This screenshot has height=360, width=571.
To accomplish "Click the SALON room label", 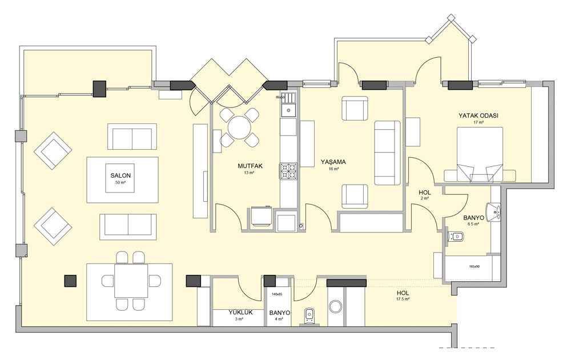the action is point(120,175).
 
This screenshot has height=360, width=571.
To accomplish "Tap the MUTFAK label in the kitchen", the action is point(250,166).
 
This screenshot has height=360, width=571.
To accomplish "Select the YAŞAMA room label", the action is point(333,162).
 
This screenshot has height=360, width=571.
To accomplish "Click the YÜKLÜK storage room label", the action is point(240,312).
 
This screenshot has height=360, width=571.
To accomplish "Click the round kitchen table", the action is point(240,127).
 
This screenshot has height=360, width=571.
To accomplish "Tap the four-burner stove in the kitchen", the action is point(288,171).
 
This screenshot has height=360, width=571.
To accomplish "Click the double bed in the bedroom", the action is point(480,154).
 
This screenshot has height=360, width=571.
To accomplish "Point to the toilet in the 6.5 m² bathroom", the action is point(456,237).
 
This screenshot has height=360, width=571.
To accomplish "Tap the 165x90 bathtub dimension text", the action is point(475,266).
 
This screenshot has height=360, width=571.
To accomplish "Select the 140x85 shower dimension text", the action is point(278,294).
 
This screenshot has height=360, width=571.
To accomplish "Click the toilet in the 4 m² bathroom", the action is point(309,315).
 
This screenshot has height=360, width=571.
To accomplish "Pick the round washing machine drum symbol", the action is point(335,306).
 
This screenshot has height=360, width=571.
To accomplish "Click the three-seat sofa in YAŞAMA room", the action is point(388,153).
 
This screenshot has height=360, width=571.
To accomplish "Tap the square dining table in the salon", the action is point(131,281).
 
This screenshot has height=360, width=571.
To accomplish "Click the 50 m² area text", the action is point(120,182).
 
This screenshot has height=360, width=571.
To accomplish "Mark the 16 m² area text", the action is point(333,169).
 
